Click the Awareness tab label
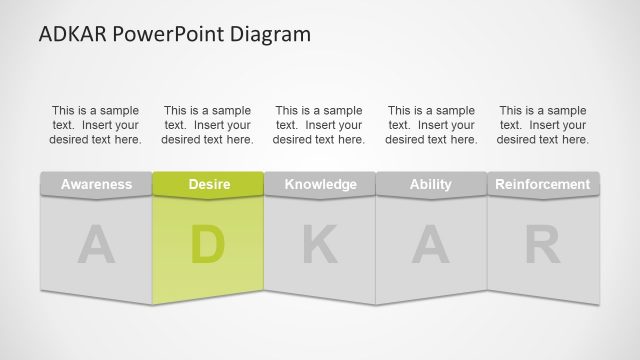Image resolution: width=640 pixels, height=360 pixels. coord(96,184)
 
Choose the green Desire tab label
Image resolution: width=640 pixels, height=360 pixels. coord(208,184)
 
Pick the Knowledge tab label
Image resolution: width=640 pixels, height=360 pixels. coord(320,184)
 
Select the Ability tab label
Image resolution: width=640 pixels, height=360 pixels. coord(431,184)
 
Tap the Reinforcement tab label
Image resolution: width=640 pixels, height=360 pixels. coord(543,184)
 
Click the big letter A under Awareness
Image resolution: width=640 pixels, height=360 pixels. coord(96,246)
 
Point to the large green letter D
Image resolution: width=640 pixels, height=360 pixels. coord(208,246)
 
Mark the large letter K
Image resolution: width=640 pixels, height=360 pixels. coord(320,246)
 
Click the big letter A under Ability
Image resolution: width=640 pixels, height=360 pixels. coord(431,246)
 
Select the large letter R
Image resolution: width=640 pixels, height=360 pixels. coord(543,246)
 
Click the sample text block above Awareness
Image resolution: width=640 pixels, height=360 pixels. coord(96,125)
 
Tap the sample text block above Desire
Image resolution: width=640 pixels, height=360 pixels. coord(208,125)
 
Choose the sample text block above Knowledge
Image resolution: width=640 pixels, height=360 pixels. coord(320,125)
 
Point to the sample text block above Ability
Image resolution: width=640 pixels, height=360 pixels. coord(431,125)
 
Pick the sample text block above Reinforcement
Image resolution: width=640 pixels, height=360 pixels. coord(543,125)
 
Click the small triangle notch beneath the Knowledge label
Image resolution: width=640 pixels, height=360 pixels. coord(320,199)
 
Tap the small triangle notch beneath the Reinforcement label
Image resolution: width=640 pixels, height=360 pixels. coord(543,199)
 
